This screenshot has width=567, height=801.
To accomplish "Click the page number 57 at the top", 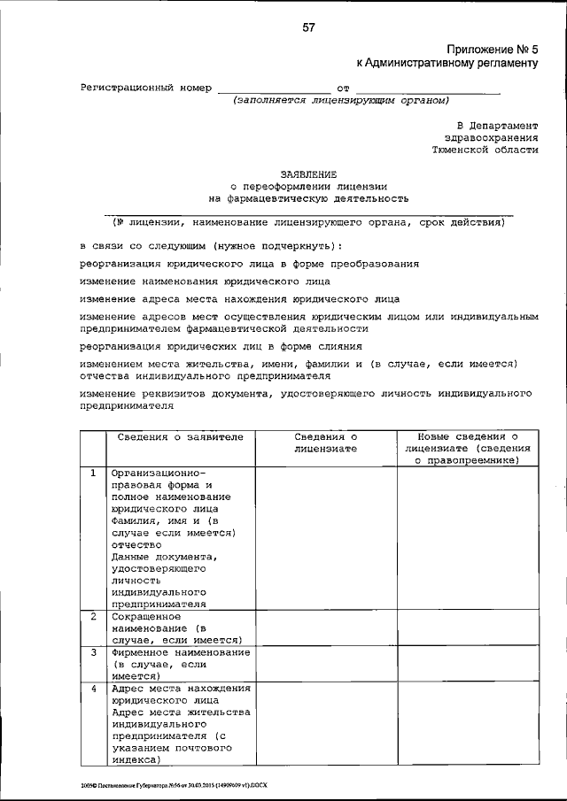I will tap(308, 27).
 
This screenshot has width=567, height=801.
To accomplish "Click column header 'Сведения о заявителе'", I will tap(180, 437).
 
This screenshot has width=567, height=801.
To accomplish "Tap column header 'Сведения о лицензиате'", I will tap(325, 443).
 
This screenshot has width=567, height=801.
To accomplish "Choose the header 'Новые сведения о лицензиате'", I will tap(466, 443).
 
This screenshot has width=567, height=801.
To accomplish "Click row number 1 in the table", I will tap(93, 473).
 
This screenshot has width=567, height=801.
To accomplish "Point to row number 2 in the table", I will tap(93, 615).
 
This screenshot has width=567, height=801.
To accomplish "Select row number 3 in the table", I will tap(93, 652).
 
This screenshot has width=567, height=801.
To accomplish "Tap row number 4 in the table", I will tap(93, 688).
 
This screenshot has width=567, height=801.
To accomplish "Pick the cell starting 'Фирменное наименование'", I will tap(179, 663).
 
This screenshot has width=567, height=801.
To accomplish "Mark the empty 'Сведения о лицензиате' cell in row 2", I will tap(325, 628).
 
